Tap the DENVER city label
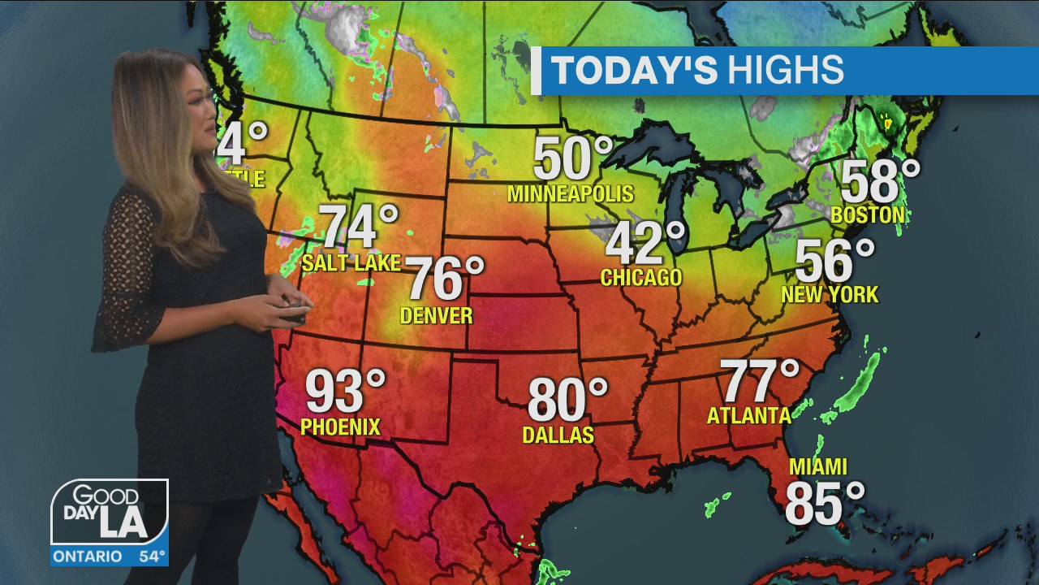437,315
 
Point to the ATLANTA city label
748,416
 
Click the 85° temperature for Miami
825,504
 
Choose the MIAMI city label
818,467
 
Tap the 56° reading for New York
834,262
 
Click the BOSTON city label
868,215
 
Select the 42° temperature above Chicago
645,243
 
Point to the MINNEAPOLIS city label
570,194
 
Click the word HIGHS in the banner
785,71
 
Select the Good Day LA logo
110,513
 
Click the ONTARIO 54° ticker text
110,557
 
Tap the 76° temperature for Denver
444,279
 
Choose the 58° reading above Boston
880,183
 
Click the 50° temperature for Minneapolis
572,159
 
